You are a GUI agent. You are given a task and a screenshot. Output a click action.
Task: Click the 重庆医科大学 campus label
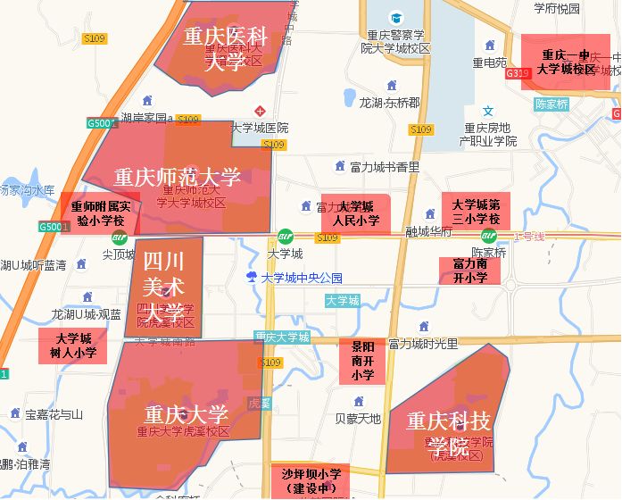226,49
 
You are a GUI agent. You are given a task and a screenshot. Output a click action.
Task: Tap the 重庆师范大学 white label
178,177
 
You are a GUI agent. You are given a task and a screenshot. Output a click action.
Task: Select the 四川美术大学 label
164,287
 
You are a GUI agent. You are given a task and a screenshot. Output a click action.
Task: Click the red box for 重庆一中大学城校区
567,62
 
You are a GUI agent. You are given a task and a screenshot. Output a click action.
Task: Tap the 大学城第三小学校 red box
476,212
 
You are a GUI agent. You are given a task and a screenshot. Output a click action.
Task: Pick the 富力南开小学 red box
469,271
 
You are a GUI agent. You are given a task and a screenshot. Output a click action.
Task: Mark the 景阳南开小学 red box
362,361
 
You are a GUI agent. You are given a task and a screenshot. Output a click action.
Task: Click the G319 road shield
517,73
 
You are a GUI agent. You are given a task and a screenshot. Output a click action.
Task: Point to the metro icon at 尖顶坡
119,237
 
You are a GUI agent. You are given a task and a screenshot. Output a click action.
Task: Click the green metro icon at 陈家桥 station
489,236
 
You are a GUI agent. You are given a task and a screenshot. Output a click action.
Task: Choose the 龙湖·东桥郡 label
389,103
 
